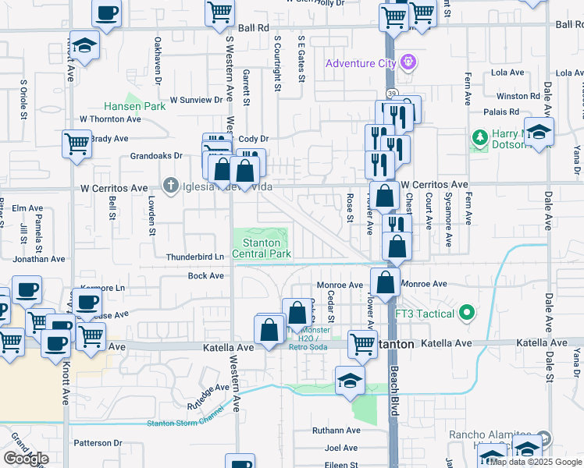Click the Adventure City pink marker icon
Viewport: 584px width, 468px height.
(407, 62)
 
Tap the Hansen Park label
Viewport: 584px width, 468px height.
(135, 106)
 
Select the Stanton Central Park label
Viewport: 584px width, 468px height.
(262, 248)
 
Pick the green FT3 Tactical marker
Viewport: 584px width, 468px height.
(467, 314)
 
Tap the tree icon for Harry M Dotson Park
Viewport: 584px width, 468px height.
(479, 139)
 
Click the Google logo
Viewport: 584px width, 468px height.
(26, 458)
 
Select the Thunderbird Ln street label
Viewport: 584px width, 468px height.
(195, 257)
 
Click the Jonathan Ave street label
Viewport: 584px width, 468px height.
(38, 258)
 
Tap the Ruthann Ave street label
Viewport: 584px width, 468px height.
(336, 430)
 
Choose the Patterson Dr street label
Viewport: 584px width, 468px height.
(98, 443)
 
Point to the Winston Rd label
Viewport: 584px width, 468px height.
(518, 97)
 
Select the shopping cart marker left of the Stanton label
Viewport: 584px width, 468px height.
(362, 343)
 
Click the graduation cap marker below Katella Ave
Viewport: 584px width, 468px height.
(350, 381)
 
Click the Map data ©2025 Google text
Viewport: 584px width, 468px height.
(535, 462)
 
